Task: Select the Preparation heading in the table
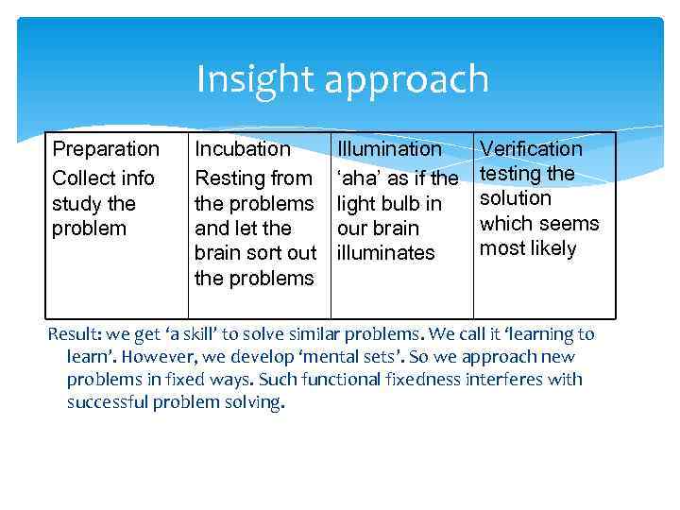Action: coord(106,149)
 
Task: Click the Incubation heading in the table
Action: coord(243,149)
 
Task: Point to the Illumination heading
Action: coord(389,149)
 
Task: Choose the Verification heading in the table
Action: coord(532,149)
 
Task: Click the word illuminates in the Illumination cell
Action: coord(386,253)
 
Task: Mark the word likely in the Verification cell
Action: coord(552,249)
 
